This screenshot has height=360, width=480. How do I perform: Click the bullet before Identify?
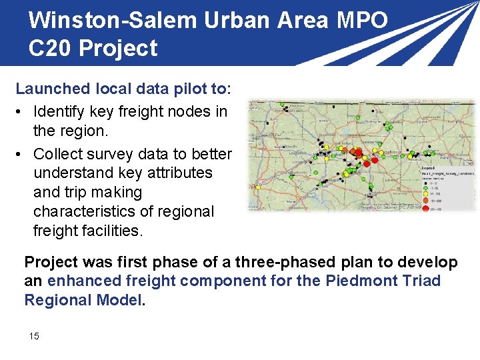click(x=22, y=112)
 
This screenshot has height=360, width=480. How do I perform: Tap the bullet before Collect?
click(x=22, y=154)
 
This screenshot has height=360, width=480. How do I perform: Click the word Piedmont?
click(x=359, y=281)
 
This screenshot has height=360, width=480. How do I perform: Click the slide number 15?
click(x=34, y=336)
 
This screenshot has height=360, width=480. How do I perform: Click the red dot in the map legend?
click(x=426, y=209)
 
